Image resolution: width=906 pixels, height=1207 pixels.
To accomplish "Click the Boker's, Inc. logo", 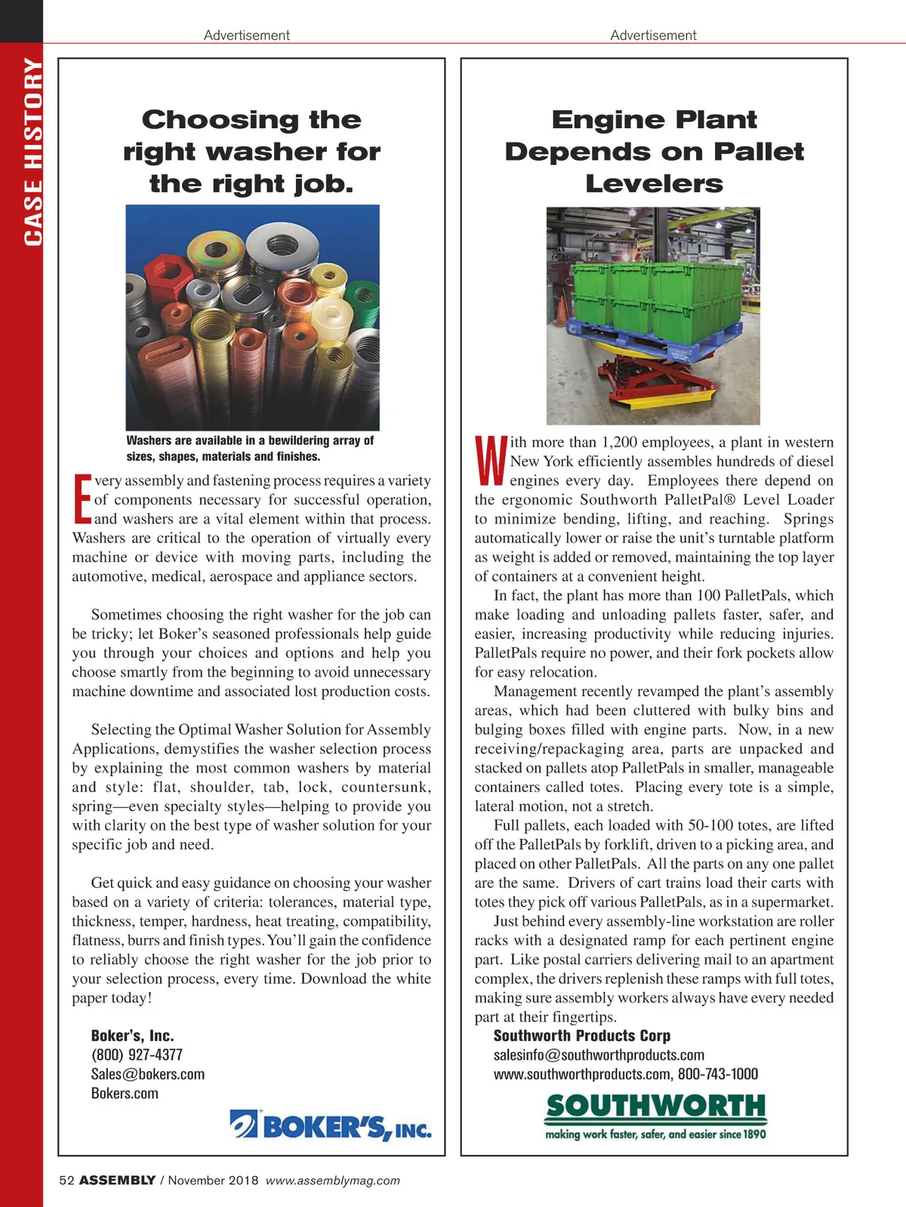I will point(331,1126).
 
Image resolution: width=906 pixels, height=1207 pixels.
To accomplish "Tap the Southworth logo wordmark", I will point(655,1107).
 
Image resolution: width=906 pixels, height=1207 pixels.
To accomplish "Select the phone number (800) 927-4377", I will point(137,1055).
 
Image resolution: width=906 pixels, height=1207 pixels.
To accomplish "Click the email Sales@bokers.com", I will point(148,1074).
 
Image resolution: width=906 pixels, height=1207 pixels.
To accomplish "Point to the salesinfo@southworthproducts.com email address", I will point(599,1055).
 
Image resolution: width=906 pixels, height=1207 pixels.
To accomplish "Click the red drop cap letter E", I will point(82,499).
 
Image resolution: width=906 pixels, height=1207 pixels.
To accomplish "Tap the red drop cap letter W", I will point(491,460).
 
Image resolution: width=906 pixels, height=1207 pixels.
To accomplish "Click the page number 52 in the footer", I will point(66,1181).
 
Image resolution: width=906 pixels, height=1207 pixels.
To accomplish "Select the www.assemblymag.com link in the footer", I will point(333,1181).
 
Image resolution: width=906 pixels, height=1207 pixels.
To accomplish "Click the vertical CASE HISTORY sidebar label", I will point(33,151).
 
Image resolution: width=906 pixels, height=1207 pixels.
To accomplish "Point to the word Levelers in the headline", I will point(654,183).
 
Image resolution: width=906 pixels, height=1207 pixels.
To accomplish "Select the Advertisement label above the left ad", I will point(246,35).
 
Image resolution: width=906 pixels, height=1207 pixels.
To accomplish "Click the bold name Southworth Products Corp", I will point(581,1036).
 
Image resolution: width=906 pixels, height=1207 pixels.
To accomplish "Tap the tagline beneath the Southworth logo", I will point(655,1134).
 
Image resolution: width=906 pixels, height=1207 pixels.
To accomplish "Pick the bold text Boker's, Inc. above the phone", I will point(132,1036).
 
